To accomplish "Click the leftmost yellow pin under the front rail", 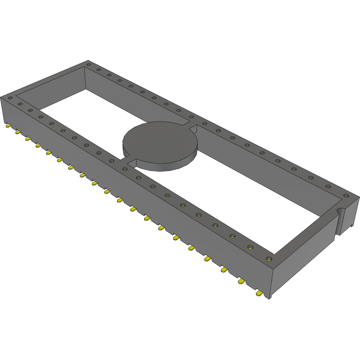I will pos(8,126).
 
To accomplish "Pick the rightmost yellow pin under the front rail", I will pos(260,294).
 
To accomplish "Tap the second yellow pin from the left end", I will pos(18,132).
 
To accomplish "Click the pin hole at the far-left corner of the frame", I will pos(10,98).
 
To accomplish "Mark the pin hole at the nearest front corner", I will pos(269,259).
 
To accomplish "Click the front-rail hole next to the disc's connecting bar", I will pos(125,169).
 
